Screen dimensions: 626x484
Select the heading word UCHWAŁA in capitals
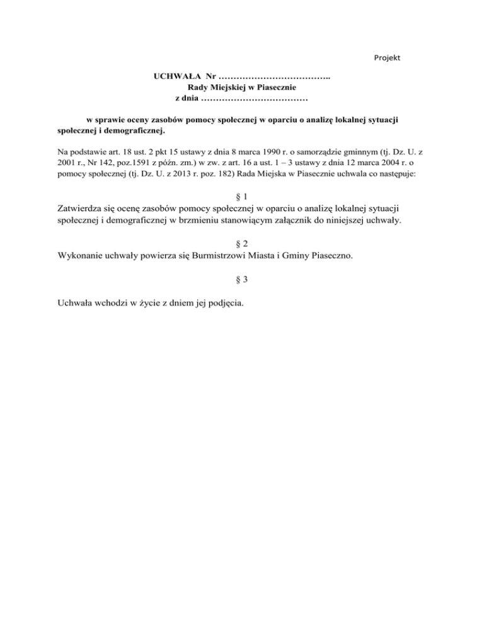pos(174,77)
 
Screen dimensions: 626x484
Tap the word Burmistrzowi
pos(241,256)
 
